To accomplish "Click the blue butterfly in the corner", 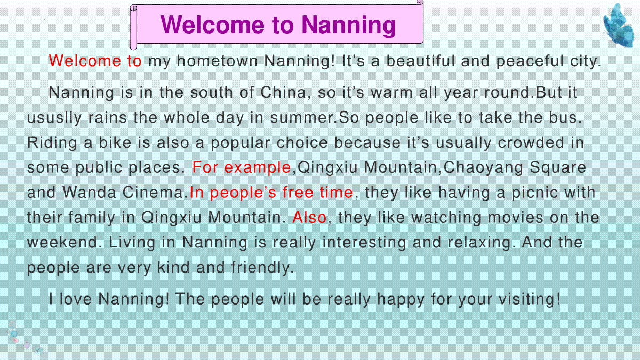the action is click(x=619, y=26).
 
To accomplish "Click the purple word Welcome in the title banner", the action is click(x=213, y=25).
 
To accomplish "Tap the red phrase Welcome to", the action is click(x=95, y=61).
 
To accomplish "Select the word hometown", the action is click(x=218, y=61).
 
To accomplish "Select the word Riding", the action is click(x=52, y=142).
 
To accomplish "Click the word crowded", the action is click(x=531, y=142).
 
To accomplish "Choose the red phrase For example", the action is click(x=242, y=167).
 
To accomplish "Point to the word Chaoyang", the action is click(x=483, y=167).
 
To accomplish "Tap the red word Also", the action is click(x=309, y=218).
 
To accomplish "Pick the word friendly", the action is click(x=262, y=268).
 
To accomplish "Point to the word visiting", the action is click(x=530, y=299).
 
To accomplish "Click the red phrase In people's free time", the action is click(x=271, y=193).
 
